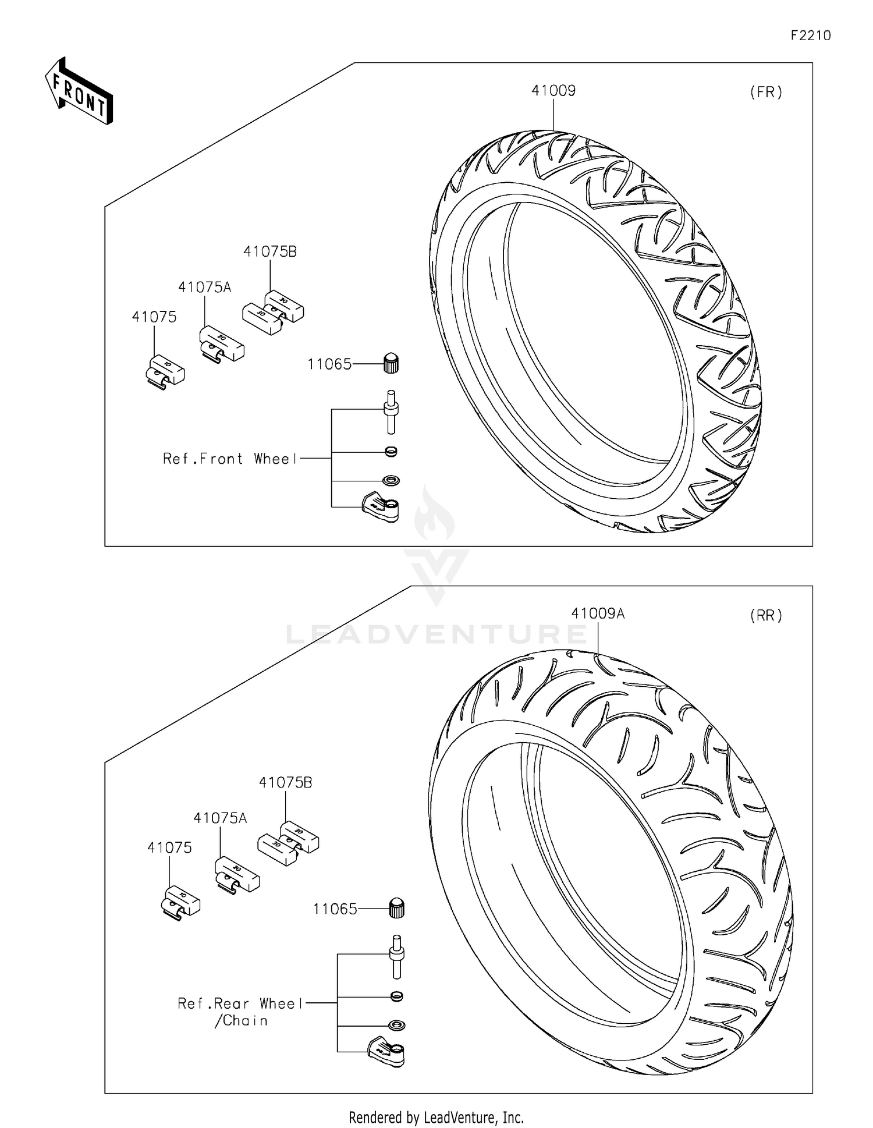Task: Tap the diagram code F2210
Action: click(810, 36)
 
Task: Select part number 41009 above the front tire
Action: click(553, 91)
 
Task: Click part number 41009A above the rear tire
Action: click(597, 613)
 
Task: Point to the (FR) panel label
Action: click(766, 92)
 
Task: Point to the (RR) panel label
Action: click(766, 615)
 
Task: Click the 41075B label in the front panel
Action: click(269, 251)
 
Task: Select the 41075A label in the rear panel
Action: click(220, 818)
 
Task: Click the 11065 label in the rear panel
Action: click(335, 909)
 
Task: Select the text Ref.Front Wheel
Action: click(230, 459)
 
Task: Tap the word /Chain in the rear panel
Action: click(241, 1020)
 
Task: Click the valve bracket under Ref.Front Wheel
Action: click(381, 506)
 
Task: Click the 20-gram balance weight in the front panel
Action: click(221, 344)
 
